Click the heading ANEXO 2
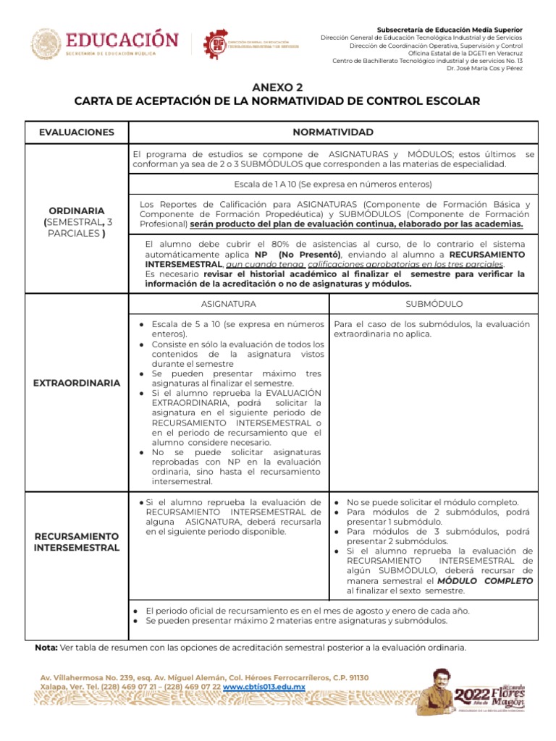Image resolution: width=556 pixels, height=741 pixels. click(278, 87)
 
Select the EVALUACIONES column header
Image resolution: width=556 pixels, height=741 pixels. click(77, 132)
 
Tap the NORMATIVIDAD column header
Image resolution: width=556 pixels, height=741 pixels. click(332, 132)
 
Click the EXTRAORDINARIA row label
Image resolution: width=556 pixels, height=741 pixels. click(77, 383)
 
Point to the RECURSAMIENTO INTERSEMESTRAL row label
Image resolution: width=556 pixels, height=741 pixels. click(77, 542)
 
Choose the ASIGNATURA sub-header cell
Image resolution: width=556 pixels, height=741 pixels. click(229, 304)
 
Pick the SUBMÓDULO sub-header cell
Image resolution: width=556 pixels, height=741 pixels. click(434, 304)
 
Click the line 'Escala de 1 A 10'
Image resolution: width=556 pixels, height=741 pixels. click(332, 184)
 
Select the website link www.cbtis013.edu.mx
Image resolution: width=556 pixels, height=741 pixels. click(264, 686)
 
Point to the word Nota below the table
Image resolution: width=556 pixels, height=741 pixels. click(47, 647)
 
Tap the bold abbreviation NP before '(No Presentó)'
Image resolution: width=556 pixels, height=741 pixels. click(261, 255)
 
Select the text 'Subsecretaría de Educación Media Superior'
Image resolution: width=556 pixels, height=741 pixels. click(450, 29)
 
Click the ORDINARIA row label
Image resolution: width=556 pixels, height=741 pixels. click(77, 211)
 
